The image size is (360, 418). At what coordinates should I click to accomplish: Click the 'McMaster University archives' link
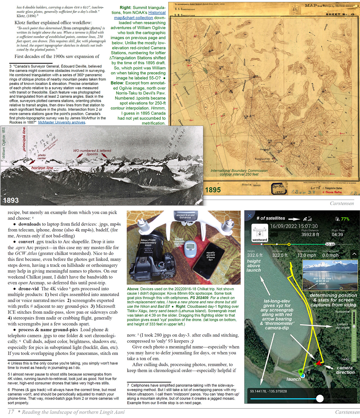[62, 123]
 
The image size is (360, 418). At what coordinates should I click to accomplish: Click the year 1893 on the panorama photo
[11, 200]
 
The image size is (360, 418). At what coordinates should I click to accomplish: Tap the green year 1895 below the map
[213, 190]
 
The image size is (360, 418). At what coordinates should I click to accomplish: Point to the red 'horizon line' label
[42, 168]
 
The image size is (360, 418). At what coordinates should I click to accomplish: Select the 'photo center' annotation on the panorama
[42, 157]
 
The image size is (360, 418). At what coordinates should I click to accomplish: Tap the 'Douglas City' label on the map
[262, 159]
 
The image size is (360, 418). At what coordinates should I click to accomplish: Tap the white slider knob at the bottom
[320, 398]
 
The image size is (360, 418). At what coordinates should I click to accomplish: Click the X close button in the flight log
[250, 216]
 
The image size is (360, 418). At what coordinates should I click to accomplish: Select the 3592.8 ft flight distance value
[310, 234]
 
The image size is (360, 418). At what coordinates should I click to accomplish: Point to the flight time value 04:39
[337, 234]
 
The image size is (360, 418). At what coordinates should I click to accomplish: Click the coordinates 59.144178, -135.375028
[268, 391]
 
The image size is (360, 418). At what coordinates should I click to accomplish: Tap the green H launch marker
[301, 371]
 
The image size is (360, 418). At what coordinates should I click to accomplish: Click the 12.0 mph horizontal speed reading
[307, 255]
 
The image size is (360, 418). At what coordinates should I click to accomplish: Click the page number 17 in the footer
[11, 412]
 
